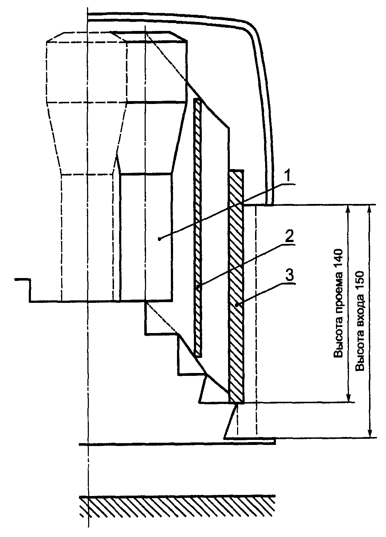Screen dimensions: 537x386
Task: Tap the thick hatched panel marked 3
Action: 236,288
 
